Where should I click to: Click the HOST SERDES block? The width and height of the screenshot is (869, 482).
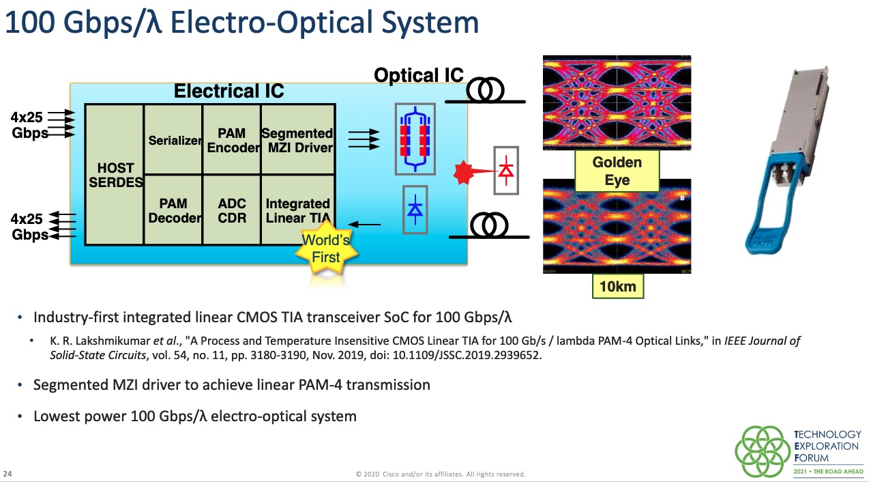pos(115,175)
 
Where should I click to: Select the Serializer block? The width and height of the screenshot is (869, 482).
pos(174,140)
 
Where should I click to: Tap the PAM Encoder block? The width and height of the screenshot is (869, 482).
pos(232,140)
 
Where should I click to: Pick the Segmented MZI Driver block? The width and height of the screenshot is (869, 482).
pos(297,140)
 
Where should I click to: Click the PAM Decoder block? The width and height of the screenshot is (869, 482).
pos(174,210)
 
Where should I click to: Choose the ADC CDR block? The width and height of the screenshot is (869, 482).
pos(232,210)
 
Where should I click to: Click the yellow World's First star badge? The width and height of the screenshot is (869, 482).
pos(325,249)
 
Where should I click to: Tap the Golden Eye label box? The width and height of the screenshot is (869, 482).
pos(617,171)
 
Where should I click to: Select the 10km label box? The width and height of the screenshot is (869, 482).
pos(617,287)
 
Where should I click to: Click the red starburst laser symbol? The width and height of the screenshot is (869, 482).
pos(464,174)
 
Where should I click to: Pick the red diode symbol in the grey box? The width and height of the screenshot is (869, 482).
pos(505,170)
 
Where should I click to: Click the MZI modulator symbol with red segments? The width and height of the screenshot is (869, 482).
pos(415,139)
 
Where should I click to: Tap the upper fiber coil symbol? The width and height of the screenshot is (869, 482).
pos(485,89)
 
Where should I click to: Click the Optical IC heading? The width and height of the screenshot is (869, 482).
pos(419,76)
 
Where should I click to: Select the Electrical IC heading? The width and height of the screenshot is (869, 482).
pos(229,91)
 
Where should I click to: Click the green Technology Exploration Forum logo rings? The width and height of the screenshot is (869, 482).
pos(761,451)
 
